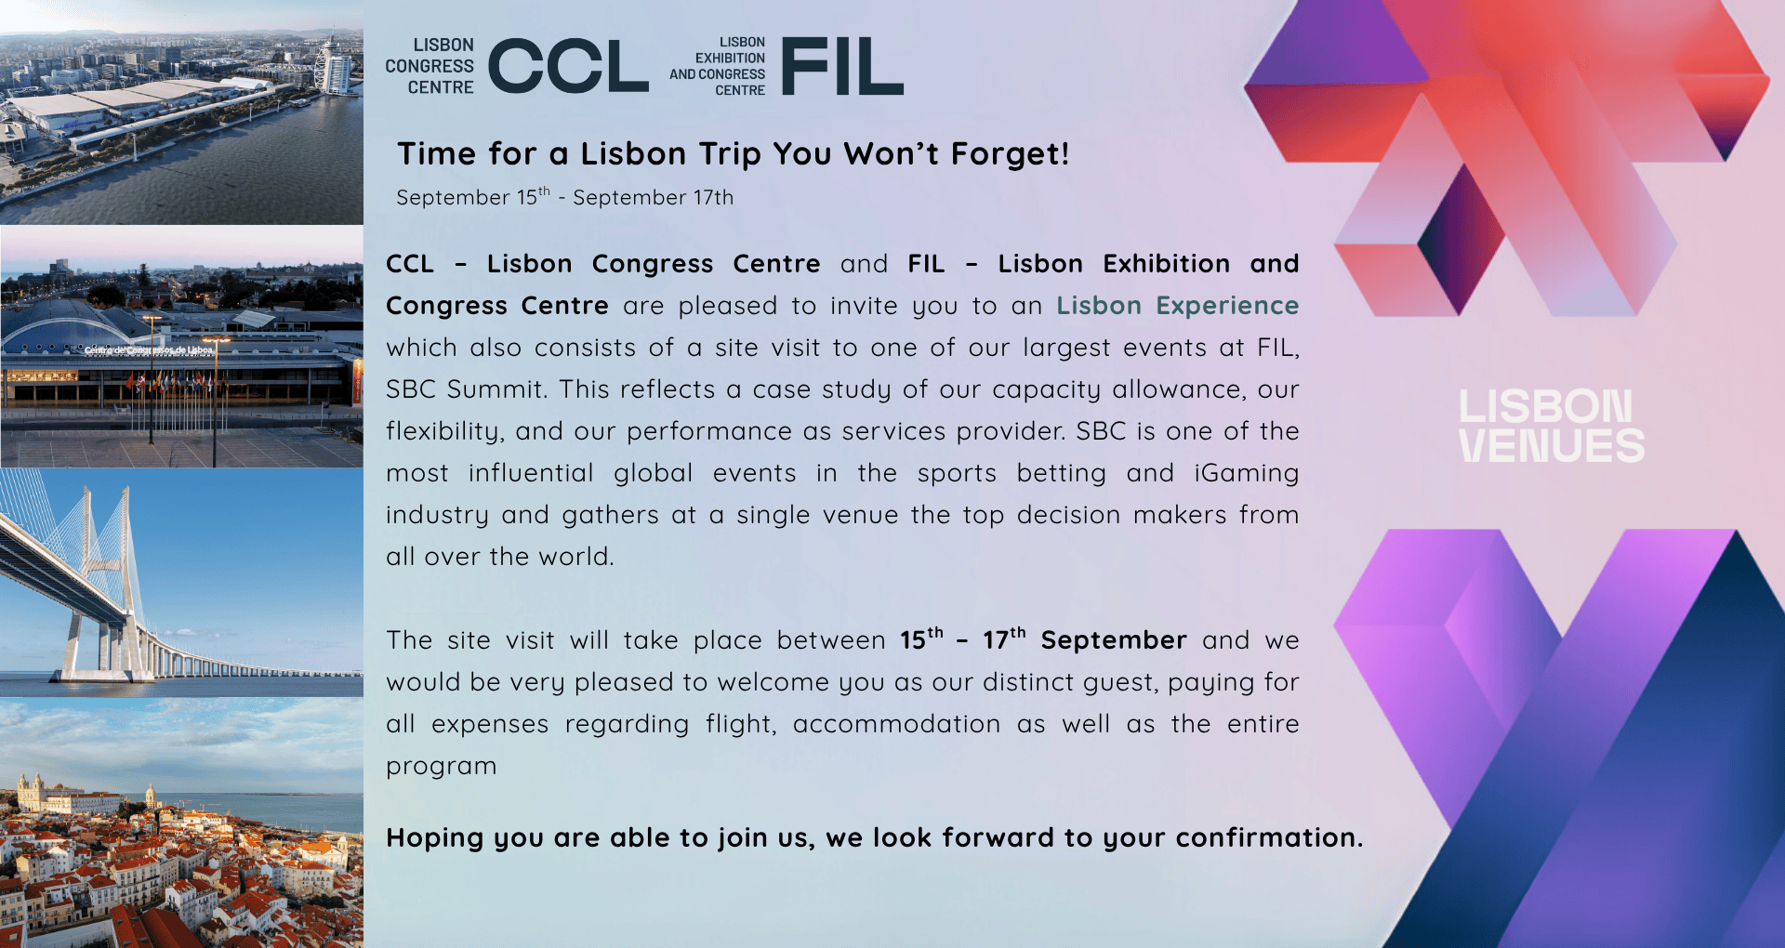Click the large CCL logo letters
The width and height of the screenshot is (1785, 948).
pyautogui.click(x=568, y=66)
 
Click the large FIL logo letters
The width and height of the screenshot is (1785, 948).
pyautogui.click(x=842, y=66)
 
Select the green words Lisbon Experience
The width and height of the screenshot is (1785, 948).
pyautogui.click(x=1177, y=306)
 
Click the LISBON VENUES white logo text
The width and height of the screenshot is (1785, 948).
pyautogui.click(x=1551, y=427)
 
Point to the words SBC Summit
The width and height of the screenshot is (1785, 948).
pyautogui.click(x=464, y=388)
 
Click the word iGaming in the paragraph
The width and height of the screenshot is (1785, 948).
pyautogui.click(x=1247, y=473)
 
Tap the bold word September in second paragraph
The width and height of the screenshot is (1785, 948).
pyautogui.click(x=1114, y=640)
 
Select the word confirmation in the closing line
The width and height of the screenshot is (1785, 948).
pyautogui.click(x=1269, y=837)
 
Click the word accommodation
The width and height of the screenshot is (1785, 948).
pyautogui.click(x=896, y=724)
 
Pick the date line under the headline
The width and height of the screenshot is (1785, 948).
pyautogui.click(x=565, y=197)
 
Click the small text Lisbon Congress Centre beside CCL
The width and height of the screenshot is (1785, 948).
pyautogui.click(x=430, y=66)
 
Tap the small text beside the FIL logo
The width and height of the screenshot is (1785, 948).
pyautogui.click(x=718, y=66)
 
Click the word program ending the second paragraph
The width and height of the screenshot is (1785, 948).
pyautogui.click(x=442, y=767)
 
